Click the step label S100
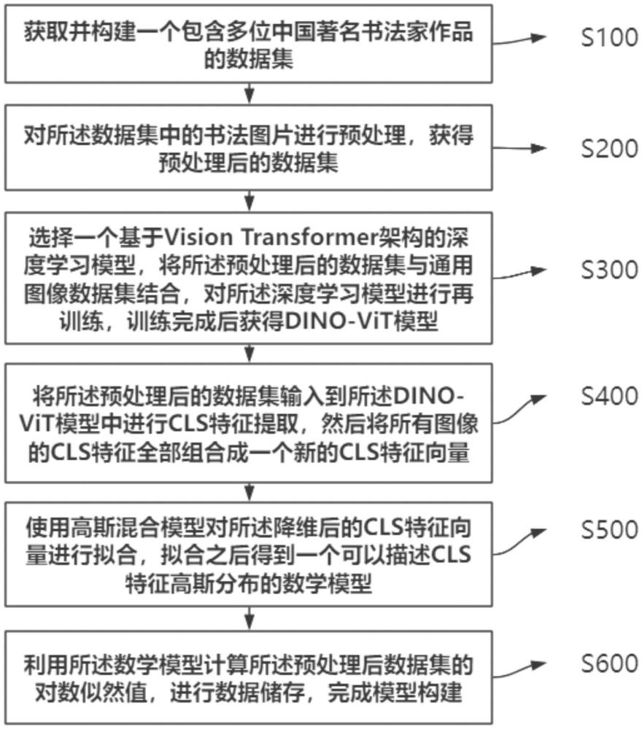[609, 38]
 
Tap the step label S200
[609, 149]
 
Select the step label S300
[609, 270]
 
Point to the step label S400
[609, 396]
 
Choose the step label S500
[609, 529]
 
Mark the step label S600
[609, 663]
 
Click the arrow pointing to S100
[519, 40]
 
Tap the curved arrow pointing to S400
[519, 409]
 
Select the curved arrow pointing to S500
[519, 542]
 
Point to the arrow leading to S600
[519, 669]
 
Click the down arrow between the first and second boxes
[250, 93]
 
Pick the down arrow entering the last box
[250, 618]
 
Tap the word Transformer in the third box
[310, 238]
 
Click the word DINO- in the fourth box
[429, 396]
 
